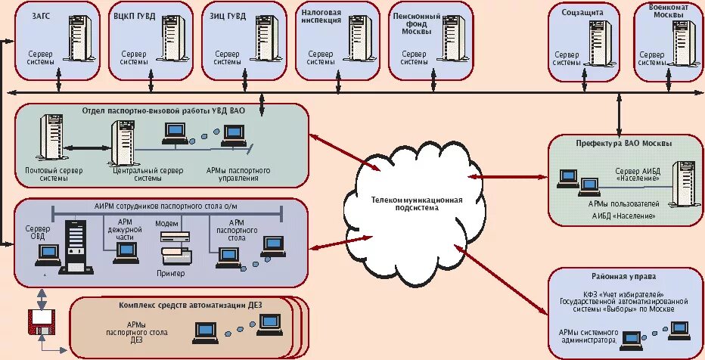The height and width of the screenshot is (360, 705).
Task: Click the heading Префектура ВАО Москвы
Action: pos(623,142)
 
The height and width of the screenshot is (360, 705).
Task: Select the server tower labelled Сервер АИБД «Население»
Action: pos(683,178)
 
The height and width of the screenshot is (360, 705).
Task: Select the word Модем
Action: pos(166,224)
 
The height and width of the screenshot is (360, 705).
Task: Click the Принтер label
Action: pos(171,272)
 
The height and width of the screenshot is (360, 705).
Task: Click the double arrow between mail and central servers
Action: pos(85,147)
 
